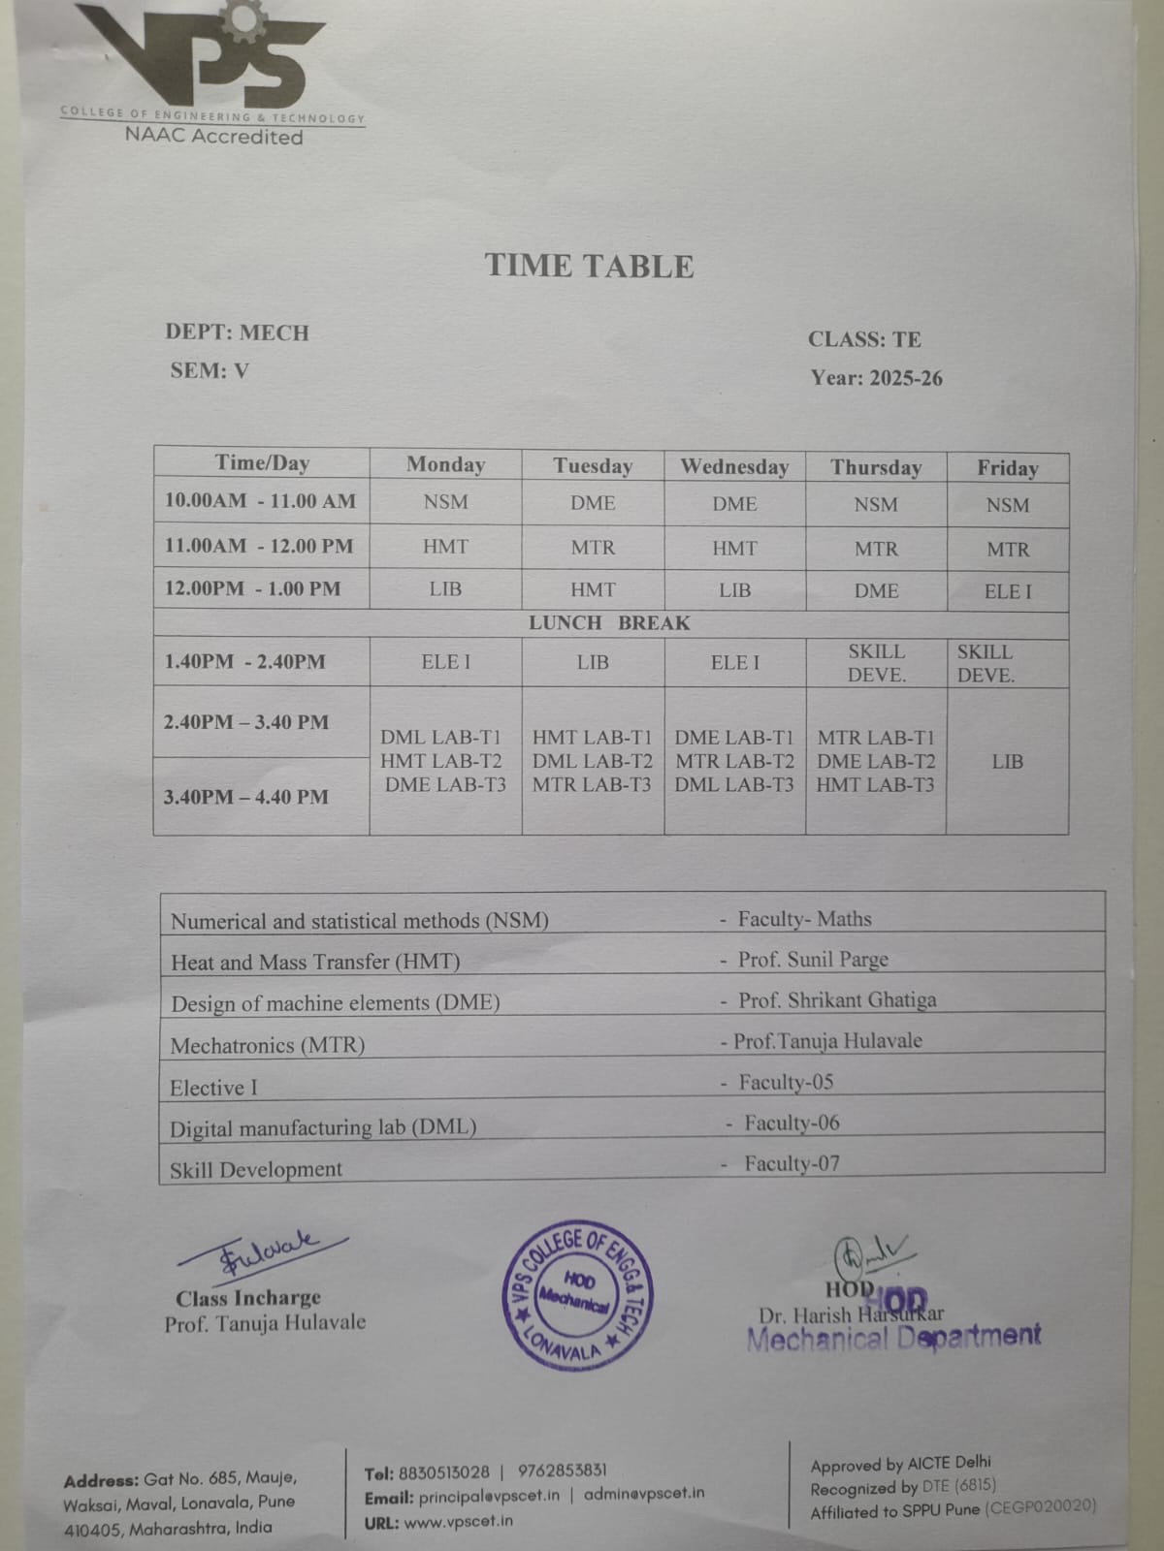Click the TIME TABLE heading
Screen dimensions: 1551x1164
[x=590, y=266]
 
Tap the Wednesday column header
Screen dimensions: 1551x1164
[x=734, y=467]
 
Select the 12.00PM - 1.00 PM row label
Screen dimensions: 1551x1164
[x=252, y=588]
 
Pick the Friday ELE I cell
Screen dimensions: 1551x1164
[x=1008, y=591]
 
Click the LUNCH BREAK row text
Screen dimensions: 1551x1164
[x=609, y=623]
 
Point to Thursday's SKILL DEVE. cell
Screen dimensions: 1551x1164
[x=876, y=663]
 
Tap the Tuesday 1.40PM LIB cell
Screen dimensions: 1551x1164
[x=593, y=662]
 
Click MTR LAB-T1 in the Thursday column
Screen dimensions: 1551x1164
[x=876, y=738]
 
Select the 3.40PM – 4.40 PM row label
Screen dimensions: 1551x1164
[x=246, y=797]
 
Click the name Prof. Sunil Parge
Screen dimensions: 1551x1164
[x=813, y=960]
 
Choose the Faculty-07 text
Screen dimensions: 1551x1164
[x=792, y=1163]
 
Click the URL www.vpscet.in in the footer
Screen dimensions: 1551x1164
[x=458, y=1521]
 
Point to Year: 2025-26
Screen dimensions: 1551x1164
[x=876, y=378]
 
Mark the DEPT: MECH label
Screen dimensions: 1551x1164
[x=237, y=332]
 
